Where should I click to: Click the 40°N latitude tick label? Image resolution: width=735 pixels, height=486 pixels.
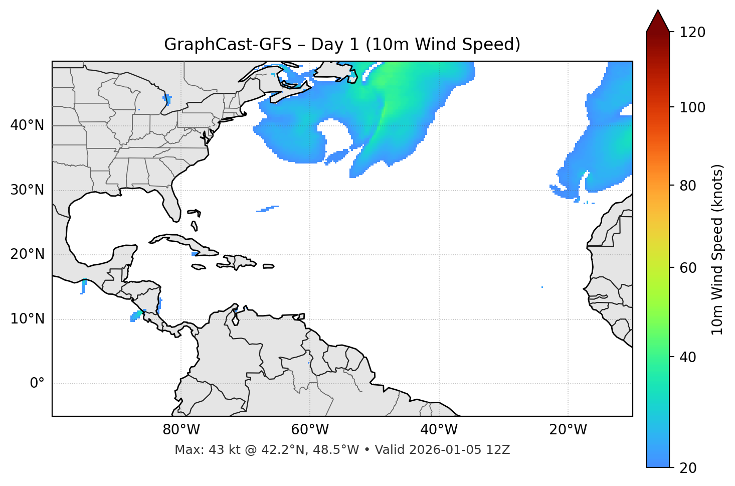pyautogui.click(x=27, y=125)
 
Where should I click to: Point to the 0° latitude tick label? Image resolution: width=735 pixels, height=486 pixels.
pyautogui.click(x=37, y=384)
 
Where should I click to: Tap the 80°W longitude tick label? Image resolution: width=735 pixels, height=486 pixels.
pyautogui.click(x=181, y=430)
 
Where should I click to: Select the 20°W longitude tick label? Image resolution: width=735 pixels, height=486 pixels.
pyautogui.click(x=568, y=430)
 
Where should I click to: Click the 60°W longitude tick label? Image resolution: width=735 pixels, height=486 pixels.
pyautogui.click(x=310, y=430)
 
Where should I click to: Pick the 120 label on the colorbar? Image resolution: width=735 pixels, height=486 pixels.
pyautogui.click(x=693, y=33)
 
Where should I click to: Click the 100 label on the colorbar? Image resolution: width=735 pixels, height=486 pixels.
pyautogui.click(x=693, y=107)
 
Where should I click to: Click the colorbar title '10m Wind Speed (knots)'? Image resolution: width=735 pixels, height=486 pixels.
pyautogui.click(x=717, y=250)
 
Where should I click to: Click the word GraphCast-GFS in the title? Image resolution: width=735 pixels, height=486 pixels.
pyautogui.click(x=228, y=45)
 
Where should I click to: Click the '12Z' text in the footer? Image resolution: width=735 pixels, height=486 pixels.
pyautogui.click(x=499, y=450)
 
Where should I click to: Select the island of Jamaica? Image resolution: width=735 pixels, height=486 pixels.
pyautogui.click(x=199, y=267)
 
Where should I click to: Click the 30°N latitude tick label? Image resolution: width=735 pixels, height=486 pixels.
pyautogui.click(x=27, y=190)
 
